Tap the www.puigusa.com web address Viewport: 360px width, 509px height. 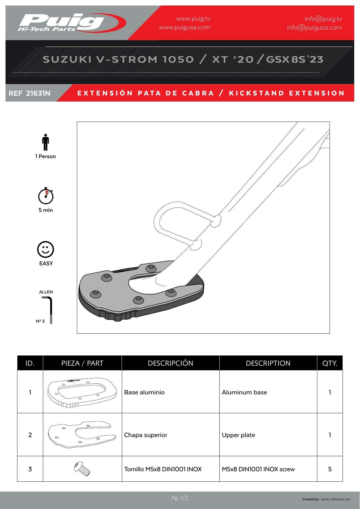tap(185, 28)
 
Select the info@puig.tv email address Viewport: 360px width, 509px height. tap(323, 19)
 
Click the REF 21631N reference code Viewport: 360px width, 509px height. tap(30, 93)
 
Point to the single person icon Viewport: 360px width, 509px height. tap(45, 142)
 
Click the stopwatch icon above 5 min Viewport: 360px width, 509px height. tap(46, 196)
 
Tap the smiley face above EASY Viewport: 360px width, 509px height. tap(46, 249)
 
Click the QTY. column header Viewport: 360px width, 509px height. tap(330, 363)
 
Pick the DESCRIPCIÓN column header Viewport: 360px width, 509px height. tap(170, 363)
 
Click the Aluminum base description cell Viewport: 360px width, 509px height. tap(244, 392)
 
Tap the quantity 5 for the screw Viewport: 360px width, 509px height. tap(330, 469)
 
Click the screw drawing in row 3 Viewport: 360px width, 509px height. tap(82, 469)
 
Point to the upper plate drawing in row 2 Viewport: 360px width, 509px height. tap(82, 434)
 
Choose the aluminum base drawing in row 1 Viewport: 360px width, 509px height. tap(82, 392)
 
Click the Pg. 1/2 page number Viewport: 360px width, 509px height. tap(180, 498)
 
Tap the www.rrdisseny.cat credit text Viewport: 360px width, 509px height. tap(335, 499)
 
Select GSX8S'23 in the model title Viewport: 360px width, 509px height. tap(295, 59)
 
